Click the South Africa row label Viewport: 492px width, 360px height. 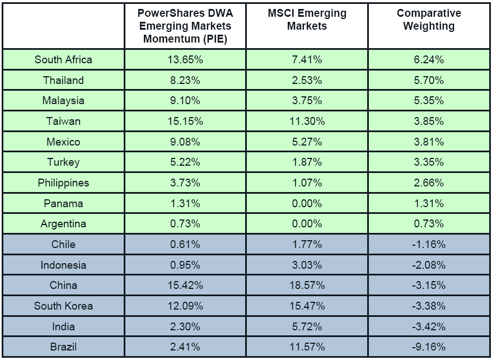point(63,60)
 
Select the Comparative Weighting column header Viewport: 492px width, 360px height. point(429,20)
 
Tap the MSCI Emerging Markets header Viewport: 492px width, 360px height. point(307,20)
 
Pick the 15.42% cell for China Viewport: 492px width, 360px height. point(185,286)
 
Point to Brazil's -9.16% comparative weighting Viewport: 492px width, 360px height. point(429,347)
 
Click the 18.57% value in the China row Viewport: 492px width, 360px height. point(307,286)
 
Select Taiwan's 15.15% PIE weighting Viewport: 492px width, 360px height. point(185,121)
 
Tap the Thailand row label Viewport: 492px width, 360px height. point(63,81)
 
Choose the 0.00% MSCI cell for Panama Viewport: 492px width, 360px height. point(307,203)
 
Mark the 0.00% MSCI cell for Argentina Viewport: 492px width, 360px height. point(307,224)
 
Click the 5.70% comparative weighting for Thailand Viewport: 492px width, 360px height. point(429,81)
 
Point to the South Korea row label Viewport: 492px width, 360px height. point(63,306)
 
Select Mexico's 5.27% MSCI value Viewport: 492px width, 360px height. point(307,142)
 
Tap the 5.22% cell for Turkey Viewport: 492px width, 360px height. point(185,162)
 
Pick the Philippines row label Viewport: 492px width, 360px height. point(63,183)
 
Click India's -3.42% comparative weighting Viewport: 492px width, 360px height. point(429,326)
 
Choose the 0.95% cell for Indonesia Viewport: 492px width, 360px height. point(185,265)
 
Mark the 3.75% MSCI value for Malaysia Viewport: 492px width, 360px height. point(307,101)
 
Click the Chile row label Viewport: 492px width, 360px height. point(63,245)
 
